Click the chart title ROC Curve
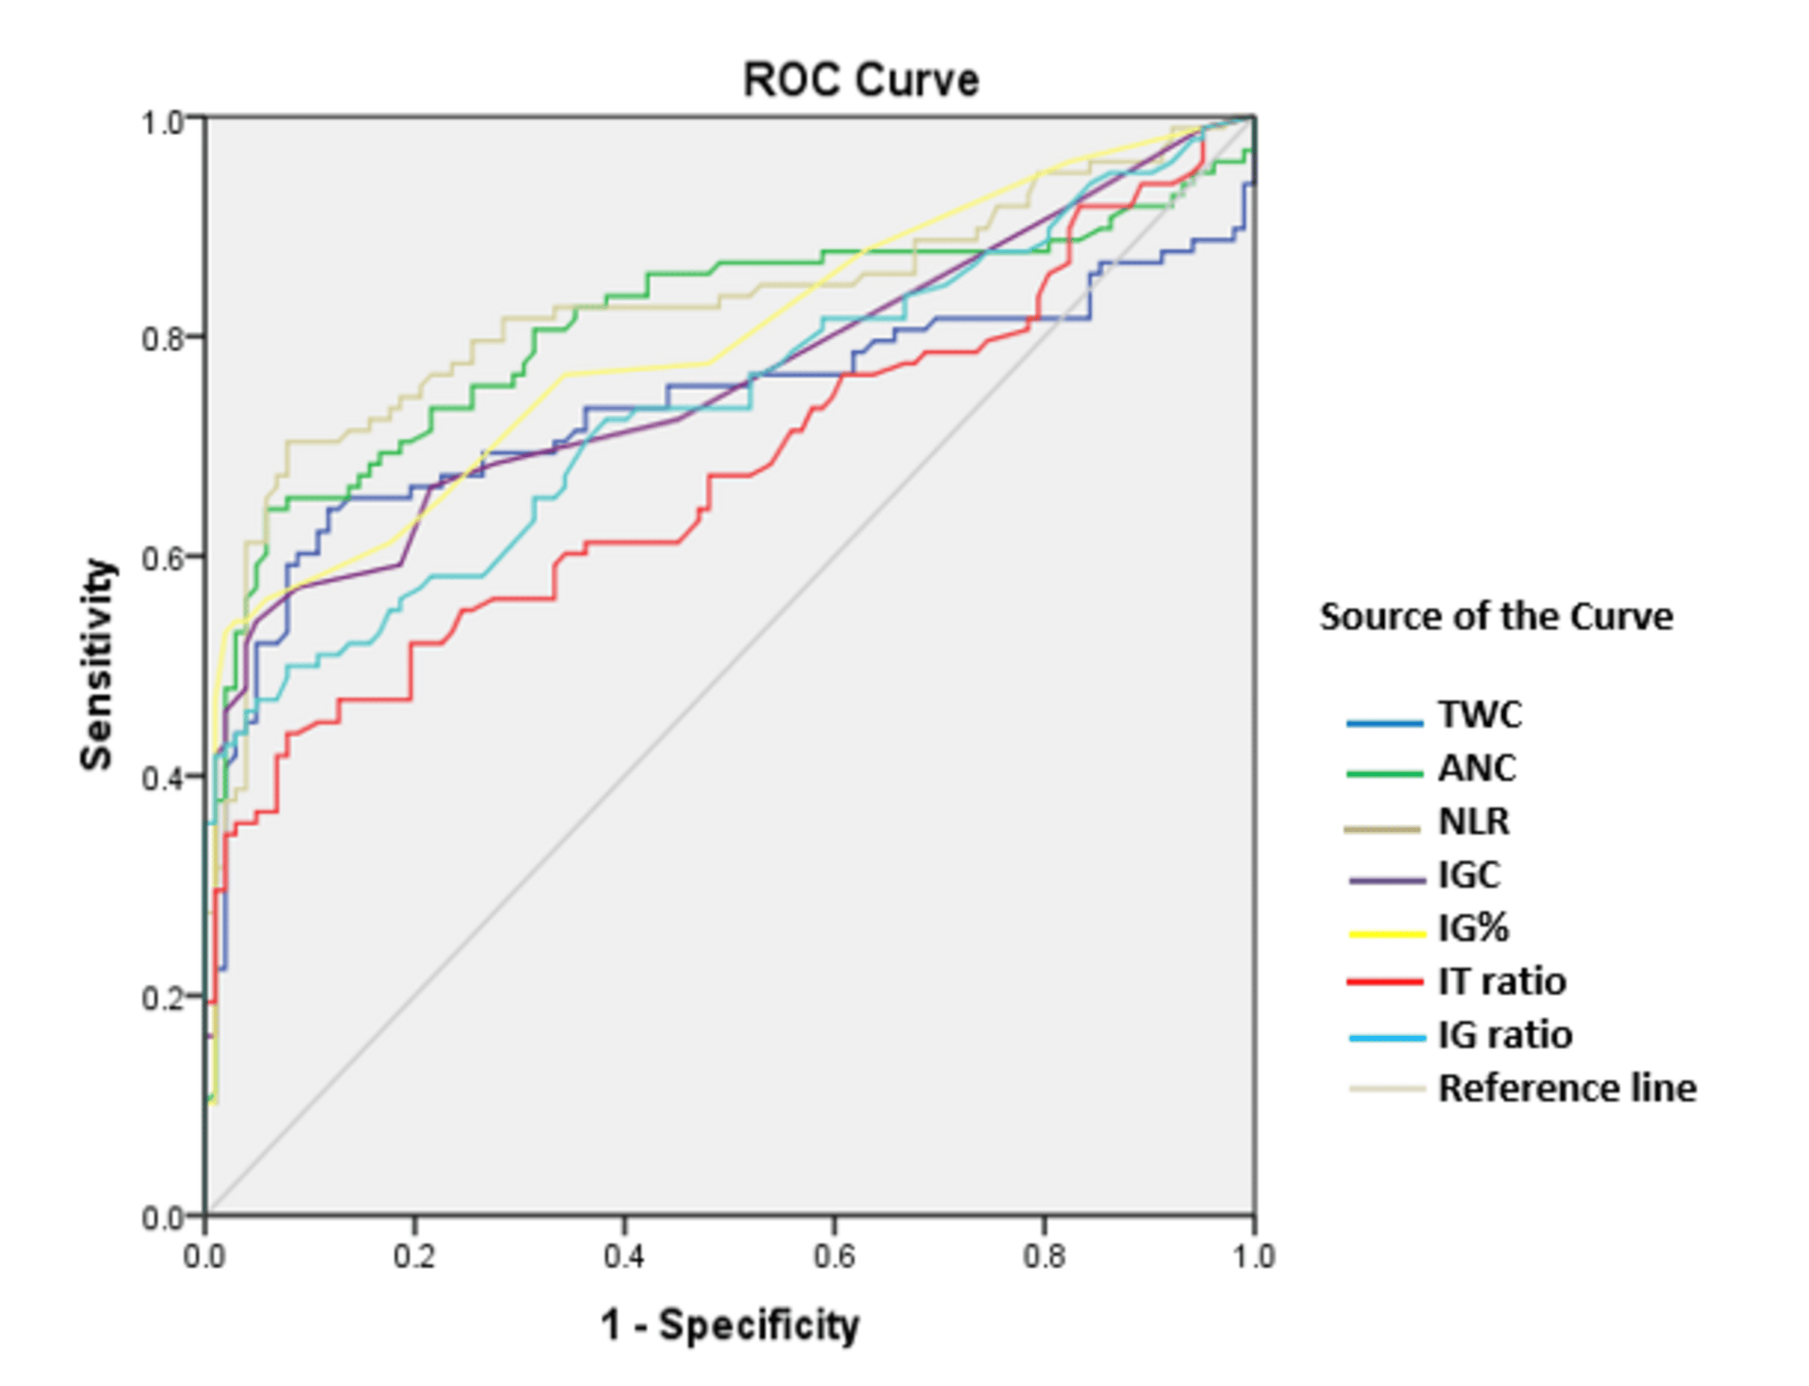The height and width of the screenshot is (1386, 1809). (860, 81)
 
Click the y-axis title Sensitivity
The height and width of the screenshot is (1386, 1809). (96, 665)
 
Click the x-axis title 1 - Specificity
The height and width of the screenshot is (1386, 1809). (730, 1326)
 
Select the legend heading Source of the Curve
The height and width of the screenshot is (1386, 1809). (1495, 617)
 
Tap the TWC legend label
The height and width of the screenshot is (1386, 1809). (1480, 714)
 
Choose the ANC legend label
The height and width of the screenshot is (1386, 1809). (1477, 768)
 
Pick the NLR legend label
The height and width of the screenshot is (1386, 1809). (1473, 822)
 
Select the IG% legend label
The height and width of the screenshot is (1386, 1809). (1473, 928)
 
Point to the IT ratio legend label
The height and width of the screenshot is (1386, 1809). (1501, 982)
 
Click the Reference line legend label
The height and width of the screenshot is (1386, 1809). (1567, 1088)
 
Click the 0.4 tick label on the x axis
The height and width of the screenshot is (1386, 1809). (624, 1257)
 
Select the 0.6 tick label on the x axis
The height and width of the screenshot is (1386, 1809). (833, 1257)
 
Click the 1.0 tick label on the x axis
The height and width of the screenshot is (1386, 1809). (1253, 1257)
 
